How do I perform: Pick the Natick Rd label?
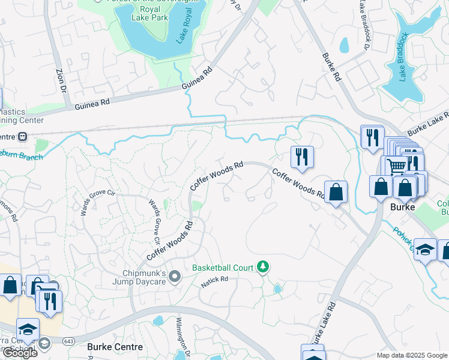[215, 280]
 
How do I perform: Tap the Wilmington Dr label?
[179, 335]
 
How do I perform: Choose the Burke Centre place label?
[115, 347]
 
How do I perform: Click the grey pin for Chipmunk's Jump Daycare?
[175, 276]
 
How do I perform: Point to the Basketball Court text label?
[223, 267]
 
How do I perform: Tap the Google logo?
[20, 353]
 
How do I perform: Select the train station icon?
[23, 136]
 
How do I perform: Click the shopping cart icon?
[396, 165]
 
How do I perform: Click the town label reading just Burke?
[403, 207]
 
